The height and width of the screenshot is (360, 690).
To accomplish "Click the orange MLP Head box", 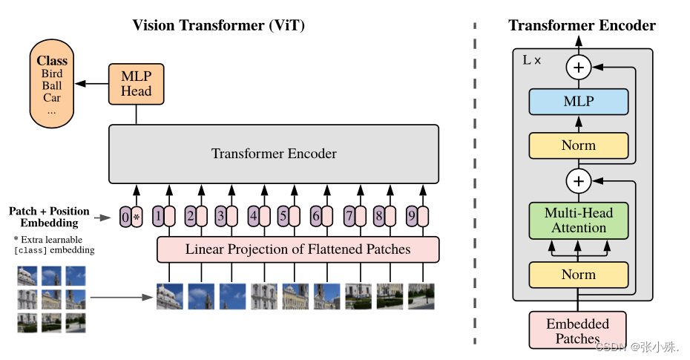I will click(136, 83).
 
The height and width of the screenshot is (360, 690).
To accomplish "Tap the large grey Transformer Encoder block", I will click(274, 154).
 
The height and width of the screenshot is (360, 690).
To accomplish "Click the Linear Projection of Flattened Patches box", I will click(298, 249).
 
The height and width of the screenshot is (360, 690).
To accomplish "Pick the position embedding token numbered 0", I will click(125, 217).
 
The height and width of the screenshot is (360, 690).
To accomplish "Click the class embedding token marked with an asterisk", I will click(137, 217).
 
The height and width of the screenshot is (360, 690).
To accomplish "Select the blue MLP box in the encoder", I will click(578, 102).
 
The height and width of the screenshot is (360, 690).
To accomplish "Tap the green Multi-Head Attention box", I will click(578, 220).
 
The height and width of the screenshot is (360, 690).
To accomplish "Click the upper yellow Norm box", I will click(578, 145).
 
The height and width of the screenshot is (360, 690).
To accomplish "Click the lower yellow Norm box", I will click(578, 275).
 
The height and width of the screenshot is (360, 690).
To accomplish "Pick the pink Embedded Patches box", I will click(577, 331).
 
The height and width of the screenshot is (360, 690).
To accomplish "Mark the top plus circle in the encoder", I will click(578, 68).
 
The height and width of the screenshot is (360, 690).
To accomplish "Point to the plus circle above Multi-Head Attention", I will click(578, 180).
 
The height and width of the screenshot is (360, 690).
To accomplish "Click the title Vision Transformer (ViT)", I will click(218, 25).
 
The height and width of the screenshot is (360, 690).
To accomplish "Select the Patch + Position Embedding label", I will click(49, 217).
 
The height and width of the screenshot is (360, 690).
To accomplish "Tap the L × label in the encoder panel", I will click(532, 60).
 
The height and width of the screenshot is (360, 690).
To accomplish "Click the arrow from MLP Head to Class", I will click(92, 83).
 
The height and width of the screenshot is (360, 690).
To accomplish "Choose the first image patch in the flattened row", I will click(169, 296).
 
